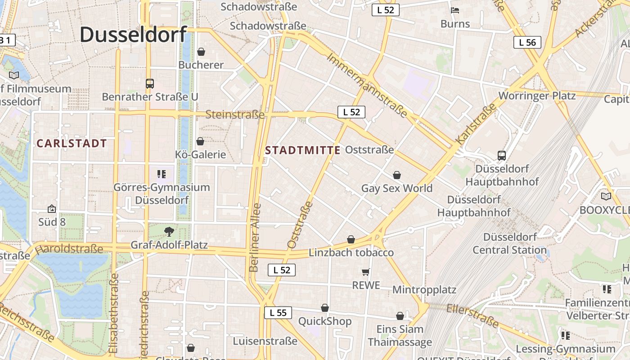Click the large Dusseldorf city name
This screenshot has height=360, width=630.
133,35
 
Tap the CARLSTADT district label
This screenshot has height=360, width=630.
72,144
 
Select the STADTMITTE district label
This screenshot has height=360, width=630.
303,150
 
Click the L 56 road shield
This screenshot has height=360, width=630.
527,42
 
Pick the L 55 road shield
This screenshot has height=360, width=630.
278,313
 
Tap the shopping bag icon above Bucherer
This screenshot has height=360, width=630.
201,52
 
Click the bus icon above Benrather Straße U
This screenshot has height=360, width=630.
150,83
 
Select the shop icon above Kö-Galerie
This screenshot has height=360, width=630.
200,141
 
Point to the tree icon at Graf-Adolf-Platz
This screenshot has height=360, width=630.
169,232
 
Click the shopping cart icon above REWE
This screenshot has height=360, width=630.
366,272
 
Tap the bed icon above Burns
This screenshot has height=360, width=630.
455,10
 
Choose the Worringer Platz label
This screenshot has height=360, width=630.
537,96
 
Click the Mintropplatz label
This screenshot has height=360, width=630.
424,289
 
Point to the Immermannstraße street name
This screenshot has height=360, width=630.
367,85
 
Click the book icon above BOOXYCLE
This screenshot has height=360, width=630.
606,196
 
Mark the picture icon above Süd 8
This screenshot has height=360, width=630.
52,209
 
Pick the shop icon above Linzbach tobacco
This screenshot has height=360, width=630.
351,239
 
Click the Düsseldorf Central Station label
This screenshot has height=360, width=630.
510,243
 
